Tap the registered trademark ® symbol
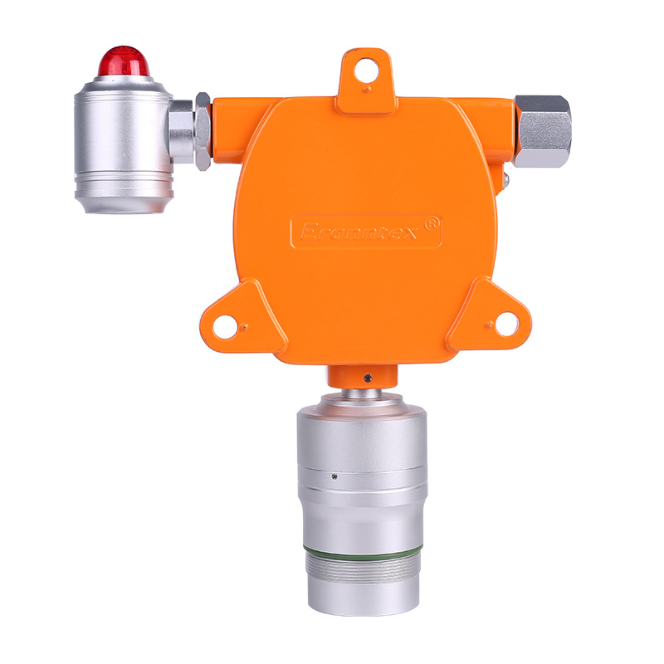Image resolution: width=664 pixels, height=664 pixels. (x=431, y=223)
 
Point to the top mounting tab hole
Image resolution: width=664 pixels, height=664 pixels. (x=365, y=72)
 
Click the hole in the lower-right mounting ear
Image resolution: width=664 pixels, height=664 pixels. (x=505, y=325)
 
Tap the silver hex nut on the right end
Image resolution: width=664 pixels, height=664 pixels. (x=543, y=131)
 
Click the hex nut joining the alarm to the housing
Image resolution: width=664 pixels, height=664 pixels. (x=202, y=131)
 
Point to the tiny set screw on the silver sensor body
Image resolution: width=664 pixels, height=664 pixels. (x=333, y=476)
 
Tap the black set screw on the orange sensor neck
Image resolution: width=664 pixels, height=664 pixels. (x=367, y=380)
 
